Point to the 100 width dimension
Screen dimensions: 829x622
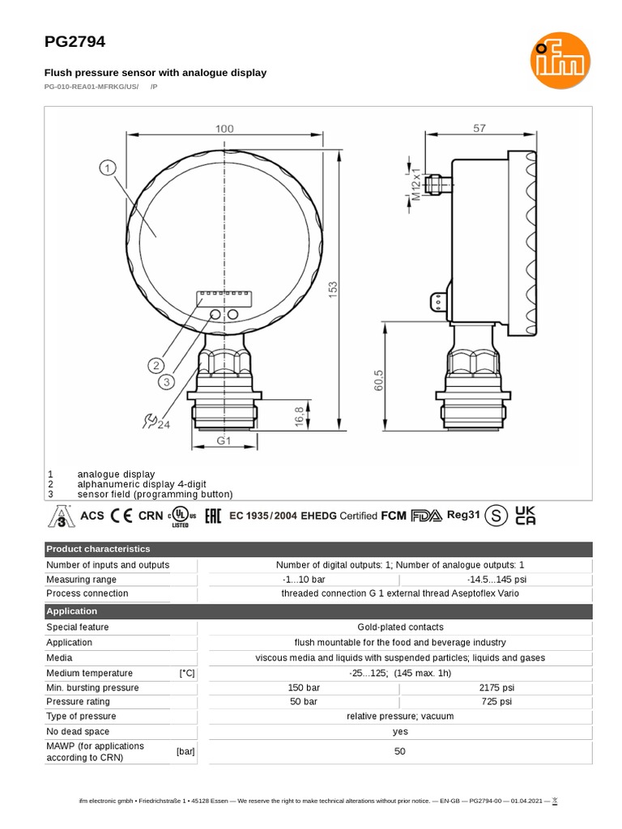click(224, 129)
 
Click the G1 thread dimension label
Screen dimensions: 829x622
click(224, 441)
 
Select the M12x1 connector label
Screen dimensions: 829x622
click(416, 185)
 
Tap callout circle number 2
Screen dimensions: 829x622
click(156, 365)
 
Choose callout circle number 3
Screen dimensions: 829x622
click(167, 381)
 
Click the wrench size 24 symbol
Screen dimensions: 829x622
click(155, 421)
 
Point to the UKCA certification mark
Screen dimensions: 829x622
click(526, 516)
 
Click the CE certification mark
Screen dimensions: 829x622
click(121, 516)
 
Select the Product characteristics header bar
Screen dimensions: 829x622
click(319, 549)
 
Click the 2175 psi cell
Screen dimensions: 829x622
click(496, 687)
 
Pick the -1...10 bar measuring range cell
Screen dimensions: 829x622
click(304, 580)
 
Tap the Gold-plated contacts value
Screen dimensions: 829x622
click(400, 627)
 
